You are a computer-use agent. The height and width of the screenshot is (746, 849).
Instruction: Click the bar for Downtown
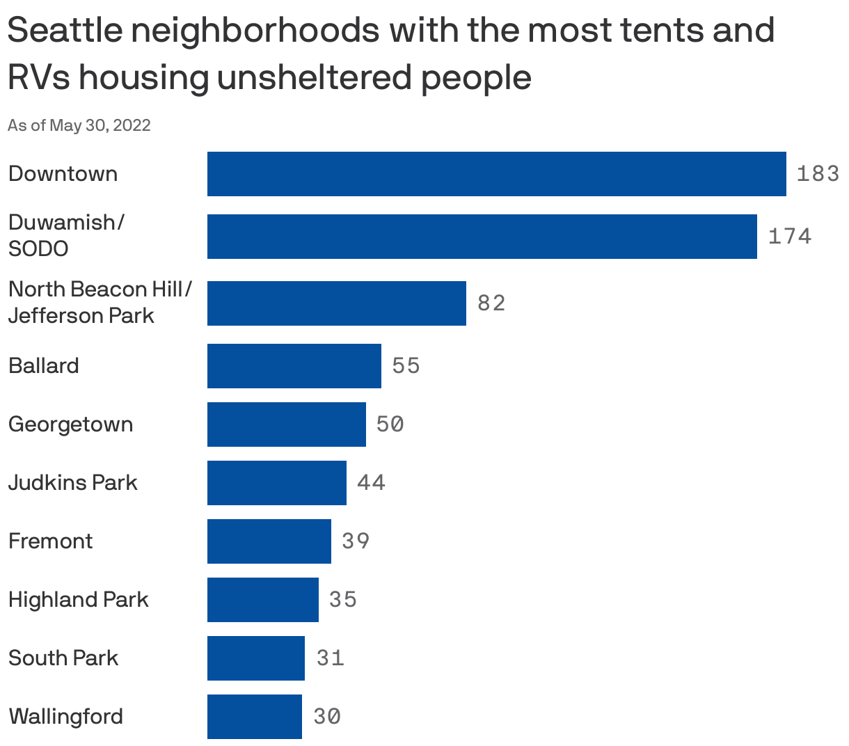pos(496,174)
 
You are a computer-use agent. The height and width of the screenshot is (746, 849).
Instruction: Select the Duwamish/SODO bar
pos(482,237)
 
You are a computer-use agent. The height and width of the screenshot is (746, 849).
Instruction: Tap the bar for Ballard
pos(294,366)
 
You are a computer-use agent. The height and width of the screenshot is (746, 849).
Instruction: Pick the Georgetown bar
pos(286,424)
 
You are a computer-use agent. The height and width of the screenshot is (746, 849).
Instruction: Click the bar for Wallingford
pos(254,717)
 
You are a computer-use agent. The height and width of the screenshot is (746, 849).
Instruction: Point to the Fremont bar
pos(269,541)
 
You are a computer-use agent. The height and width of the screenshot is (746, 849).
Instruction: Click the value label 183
pos(818,174)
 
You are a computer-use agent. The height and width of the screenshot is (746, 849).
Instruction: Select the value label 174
pos(790,237)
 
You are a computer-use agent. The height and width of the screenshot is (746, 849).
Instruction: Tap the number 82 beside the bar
pos(491,303)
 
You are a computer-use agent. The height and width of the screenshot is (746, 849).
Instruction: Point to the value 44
pos(371,483)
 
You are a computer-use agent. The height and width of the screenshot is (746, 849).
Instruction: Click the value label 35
pos(343,600)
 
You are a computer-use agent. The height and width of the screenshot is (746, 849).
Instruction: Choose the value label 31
pos(330,658)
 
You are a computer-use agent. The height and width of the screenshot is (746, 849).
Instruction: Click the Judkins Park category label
pos(73,483)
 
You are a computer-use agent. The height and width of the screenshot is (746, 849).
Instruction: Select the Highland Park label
pos(79,600)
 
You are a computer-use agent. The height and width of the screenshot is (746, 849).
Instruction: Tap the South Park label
pos(63,658)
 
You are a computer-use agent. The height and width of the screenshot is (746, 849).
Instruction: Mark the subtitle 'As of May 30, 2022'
pos(79,125)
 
